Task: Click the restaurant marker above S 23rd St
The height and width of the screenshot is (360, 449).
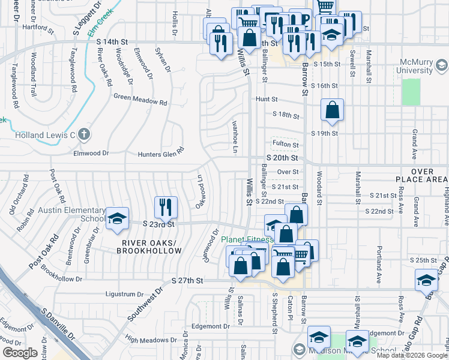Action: point(165,207)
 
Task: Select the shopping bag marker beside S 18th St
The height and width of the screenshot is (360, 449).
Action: point(332,110)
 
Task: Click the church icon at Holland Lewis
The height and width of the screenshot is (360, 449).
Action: point(85,135)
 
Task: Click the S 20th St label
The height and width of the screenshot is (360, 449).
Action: point(282,158)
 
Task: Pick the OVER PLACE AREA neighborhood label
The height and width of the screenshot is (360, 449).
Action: point(423,175)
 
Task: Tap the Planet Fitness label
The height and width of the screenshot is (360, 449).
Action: point(247,239)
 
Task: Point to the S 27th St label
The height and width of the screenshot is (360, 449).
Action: point(187,280)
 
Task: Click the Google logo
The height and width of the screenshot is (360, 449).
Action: point(20,353)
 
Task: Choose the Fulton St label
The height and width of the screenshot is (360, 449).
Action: point(285,145)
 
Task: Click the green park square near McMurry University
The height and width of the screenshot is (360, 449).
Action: point(411,92)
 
